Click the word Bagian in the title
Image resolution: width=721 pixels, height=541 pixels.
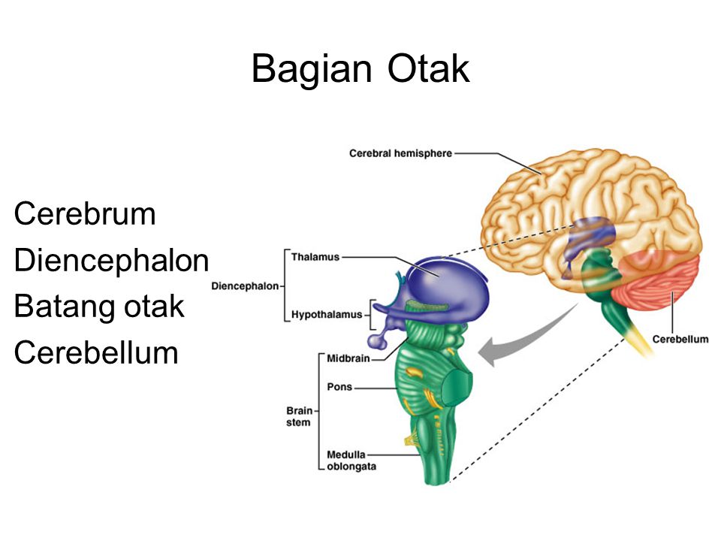click(x=311, y=69)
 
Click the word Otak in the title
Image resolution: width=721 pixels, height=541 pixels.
click(x=429, y=68)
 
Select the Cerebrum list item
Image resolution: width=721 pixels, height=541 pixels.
click(x=85, y=213)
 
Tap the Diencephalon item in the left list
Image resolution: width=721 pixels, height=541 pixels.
click(x=112, y=260)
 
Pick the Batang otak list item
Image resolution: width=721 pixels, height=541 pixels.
click(x=99, y=306)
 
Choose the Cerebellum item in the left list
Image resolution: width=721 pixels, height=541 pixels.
click(x=96, y=352)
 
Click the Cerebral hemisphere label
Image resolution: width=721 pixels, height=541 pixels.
click(x=400, y=153)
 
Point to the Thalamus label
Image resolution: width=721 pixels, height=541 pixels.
click(x=315, y=257)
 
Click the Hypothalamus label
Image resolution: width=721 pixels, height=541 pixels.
click(x=327, y=315)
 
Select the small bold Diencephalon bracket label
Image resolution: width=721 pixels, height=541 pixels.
click(x=245, y=286)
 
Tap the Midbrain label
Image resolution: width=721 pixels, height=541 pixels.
click(x=348, y=358)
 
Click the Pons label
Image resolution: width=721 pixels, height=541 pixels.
click(x=339, y=387)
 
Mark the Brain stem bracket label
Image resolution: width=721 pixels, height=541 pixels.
click(x=299, y=416)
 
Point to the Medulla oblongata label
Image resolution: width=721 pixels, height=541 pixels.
click(x=351, y=461)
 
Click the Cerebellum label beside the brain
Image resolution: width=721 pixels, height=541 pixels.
click(x=680, y=339)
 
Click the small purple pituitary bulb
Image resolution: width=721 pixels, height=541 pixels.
click(x=378, y=341)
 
